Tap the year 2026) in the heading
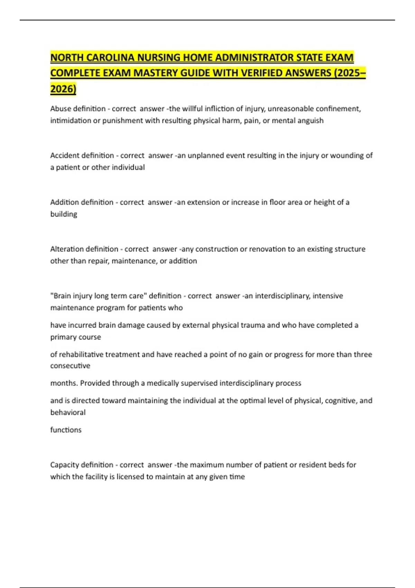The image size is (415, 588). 63,89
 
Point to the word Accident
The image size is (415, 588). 65,155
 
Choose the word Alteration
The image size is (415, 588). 67,249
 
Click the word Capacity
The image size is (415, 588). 64,465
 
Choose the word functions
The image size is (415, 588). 66,430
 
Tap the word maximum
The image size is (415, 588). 207,465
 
